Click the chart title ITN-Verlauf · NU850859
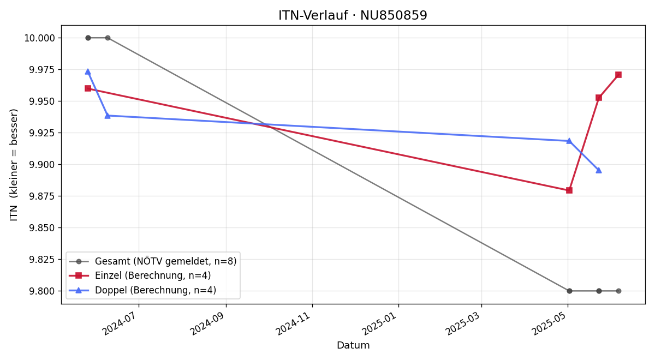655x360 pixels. (x=353, y=15)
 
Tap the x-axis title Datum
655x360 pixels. (x=353, y=345)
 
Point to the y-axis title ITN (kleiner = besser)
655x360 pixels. (x=14, y=165)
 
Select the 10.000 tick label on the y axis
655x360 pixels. (x=39, y=38)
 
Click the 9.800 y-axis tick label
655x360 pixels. (x=42, y=291)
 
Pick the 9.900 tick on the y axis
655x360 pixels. (x=42, y=165)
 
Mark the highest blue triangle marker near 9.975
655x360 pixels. (x=88, y=71)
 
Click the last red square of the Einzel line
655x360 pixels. (x=618, y=75)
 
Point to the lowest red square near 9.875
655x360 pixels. (x=569, y=190)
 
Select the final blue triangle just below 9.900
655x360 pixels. (x=599, y=170)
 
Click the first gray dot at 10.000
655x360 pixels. (x=88, y=38)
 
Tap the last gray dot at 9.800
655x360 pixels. (x=618, y=291)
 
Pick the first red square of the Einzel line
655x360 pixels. (x=88, y=88)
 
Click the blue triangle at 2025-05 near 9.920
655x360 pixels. (x=569, y=141)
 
